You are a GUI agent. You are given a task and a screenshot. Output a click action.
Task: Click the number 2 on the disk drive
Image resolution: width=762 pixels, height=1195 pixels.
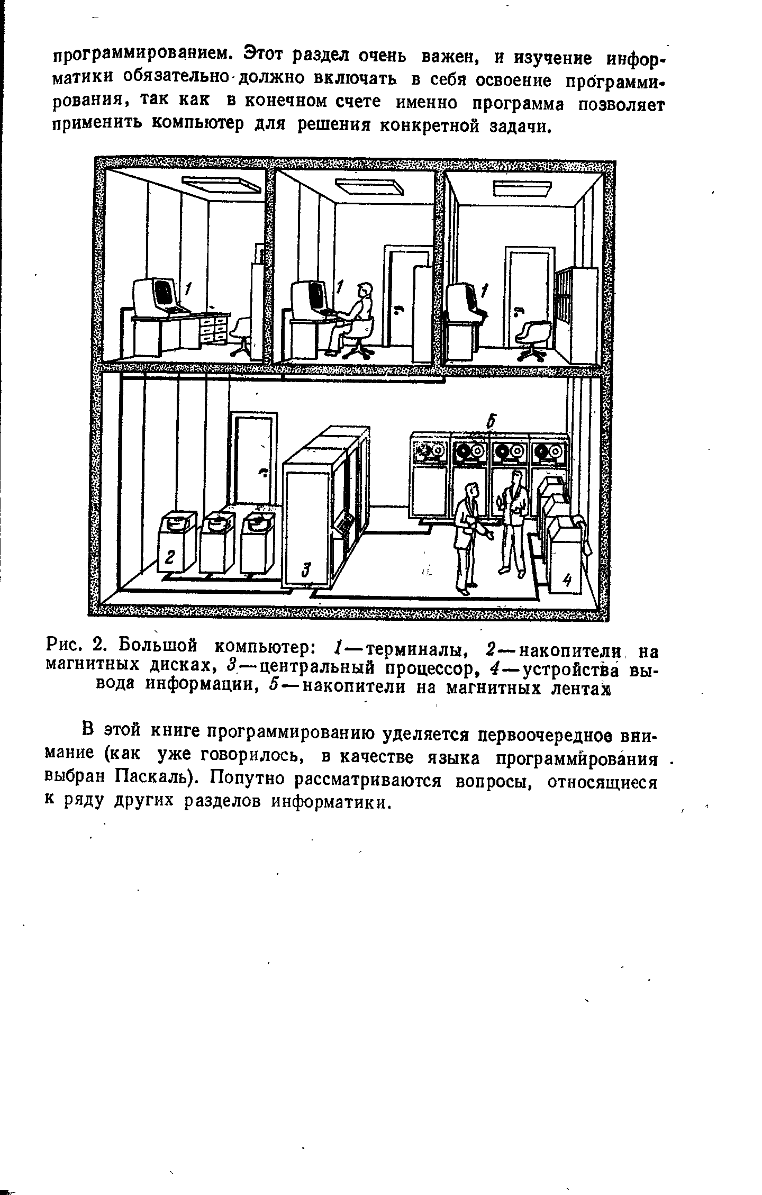click(x=170, y=557)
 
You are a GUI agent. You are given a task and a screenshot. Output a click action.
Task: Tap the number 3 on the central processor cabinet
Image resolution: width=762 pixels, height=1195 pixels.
click(x=305, y=569)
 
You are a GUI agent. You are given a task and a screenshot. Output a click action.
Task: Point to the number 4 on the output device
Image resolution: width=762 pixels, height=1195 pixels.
click(x=567, y=581)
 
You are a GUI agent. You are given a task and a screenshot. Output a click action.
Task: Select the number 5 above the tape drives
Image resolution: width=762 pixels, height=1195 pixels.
click(x=491, y=422)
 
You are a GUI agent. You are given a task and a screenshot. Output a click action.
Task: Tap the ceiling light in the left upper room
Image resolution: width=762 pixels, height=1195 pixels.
click(x=222, y=184)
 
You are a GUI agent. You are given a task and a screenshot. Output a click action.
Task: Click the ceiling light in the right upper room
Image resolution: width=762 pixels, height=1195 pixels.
click(x=522, y=188)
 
